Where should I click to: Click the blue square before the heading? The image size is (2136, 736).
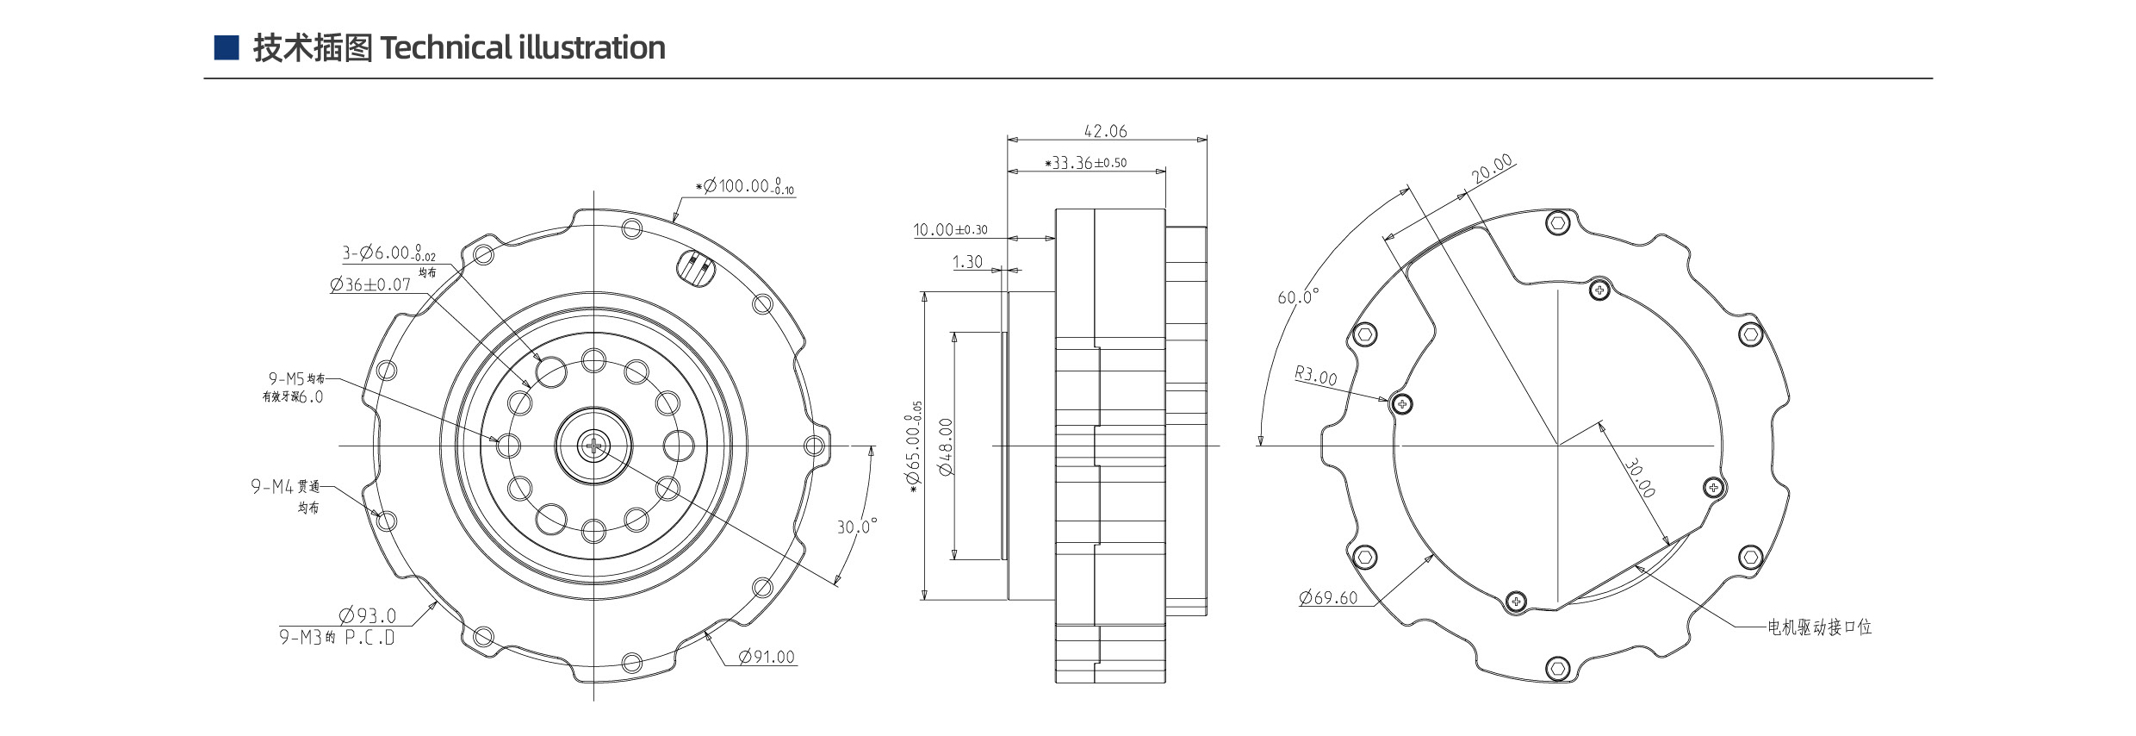[226, 47]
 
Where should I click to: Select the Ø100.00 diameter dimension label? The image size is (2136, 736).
[746, 186]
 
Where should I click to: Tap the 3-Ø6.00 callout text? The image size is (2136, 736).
[388, 253]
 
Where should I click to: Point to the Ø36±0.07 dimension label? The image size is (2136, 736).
[370, 284]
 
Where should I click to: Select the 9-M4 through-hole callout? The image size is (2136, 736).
[285, 487]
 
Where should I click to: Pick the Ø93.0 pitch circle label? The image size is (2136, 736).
[368, 615]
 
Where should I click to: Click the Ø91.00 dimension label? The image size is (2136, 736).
[767, 657]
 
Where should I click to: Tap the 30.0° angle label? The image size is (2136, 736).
[857, 526]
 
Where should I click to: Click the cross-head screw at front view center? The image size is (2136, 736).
[593, 446]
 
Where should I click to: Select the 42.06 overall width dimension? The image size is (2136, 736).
[1105, 131]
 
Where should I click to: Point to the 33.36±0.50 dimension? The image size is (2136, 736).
[1086, 163]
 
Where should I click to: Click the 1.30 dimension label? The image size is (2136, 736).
[967, 262]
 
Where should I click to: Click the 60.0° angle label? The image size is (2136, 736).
[1298, 296]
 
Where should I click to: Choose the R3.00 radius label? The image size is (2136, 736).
[1316, 376]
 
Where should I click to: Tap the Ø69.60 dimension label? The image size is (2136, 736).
[1328, 597]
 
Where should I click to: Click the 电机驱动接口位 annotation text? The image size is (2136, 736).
[1819, 627]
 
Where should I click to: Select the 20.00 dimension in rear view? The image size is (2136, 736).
[1493, 169]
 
